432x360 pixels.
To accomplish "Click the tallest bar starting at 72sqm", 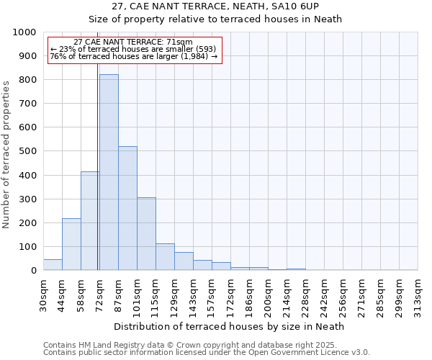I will (109, 173).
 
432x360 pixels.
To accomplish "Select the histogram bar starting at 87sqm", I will (127, 209).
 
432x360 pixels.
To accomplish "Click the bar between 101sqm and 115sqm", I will (146, 234).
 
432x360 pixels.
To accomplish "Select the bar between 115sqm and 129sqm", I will (165, 257).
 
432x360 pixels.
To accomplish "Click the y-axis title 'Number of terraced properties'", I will (7, 154).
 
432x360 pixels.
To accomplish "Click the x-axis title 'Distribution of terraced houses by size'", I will (230, 326).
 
